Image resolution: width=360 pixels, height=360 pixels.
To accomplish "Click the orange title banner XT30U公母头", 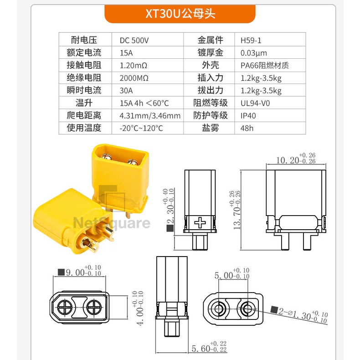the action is pos(180,14).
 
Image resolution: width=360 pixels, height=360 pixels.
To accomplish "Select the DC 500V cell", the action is pos(134,41).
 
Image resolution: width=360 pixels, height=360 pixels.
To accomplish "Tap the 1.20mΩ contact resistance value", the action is pos(134,66).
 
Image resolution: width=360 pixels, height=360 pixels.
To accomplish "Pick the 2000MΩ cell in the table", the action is pos(134,78).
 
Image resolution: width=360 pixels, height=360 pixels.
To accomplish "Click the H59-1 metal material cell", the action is pos(251,41).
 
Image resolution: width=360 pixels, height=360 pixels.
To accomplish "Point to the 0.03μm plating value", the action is pos(254,53).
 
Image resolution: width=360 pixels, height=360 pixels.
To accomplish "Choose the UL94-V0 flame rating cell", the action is pos(255,103).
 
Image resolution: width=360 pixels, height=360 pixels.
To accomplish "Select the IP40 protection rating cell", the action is pos(248,115).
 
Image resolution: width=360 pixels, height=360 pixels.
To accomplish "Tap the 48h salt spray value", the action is pos(247,128).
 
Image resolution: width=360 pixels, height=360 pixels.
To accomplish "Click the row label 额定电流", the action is pos(84,52).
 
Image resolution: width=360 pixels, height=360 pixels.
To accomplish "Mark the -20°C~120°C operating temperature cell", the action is pos(141,128).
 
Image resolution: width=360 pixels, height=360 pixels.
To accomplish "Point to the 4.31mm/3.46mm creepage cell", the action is pos(150,115).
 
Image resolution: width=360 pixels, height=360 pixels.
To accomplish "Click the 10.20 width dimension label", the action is pos(296,159).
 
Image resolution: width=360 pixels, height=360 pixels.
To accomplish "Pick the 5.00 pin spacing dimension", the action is pos(232,273).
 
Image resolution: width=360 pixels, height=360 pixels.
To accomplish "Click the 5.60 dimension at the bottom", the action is pos(209,347).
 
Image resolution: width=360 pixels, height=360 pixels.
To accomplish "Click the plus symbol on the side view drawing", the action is pos(200,222).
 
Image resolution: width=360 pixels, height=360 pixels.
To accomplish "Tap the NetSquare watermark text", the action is pos(112,223).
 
